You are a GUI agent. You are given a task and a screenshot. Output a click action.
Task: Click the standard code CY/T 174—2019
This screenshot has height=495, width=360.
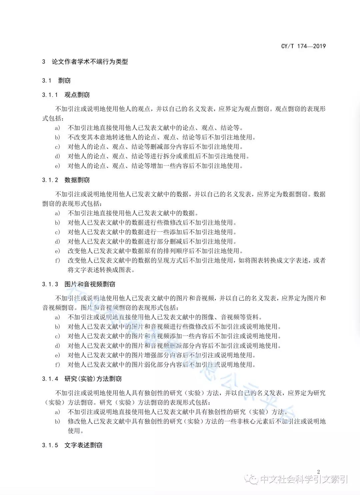(x=303, y=46)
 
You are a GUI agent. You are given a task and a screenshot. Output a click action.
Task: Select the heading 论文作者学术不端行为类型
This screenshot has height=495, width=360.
(x=90, y=62)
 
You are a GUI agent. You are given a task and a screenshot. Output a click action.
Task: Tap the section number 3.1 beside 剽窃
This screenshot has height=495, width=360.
(x=47, y=81)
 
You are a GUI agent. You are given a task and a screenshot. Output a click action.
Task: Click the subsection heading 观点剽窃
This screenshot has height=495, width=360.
(x=77, y=95)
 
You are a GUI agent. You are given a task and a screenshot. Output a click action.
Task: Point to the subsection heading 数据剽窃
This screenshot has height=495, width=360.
(x=77, y=180)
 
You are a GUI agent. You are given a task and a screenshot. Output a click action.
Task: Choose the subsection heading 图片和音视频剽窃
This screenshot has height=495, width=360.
(x=90, y=284)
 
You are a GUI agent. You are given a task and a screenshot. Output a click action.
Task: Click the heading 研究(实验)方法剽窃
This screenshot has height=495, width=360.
(x=93, y=379)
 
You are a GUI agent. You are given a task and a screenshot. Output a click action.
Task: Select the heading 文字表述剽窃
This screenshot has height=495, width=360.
(x=83, y=445)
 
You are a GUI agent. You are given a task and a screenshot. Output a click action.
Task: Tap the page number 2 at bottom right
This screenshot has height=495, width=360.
(x=318, y=472)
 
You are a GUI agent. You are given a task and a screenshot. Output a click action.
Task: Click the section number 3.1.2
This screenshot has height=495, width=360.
(x=50, y=180)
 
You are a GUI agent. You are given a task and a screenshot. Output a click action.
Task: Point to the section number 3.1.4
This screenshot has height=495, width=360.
(x=50, y=379)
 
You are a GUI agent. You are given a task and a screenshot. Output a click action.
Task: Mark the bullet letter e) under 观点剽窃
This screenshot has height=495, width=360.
(x=58, y=166)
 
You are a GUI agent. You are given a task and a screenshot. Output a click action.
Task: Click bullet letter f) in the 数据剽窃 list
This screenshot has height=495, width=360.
(x=58, y=261)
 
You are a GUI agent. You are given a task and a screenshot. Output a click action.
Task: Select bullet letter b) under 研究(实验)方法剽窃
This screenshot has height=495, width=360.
(x=58, y=422)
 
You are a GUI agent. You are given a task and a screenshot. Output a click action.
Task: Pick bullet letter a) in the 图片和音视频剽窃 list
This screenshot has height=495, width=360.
(x=58, y=317)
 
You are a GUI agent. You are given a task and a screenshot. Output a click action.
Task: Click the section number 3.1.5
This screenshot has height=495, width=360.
(x=50, y=445)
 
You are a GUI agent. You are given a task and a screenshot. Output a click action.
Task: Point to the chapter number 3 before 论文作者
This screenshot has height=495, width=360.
(x=44, y=62)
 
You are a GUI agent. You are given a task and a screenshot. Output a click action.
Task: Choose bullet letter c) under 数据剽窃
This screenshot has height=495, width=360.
(x=58, y=232)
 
